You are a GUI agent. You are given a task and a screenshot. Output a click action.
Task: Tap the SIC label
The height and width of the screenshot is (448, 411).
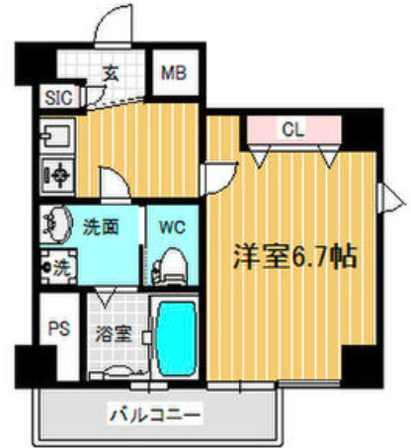tap(54, 97)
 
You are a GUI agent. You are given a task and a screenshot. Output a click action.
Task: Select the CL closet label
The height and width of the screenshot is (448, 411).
tap(291, 128)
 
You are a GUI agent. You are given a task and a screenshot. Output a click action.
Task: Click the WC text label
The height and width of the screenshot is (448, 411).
tap(172, 224)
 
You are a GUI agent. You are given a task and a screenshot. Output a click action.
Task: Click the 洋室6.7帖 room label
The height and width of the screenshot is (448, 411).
tap(293, 255)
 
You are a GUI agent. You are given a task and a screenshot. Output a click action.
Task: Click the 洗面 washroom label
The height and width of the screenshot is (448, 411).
tap(102, 225)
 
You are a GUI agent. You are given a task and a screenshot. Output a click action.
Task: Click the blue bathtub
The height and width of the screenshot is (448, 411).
tap(178, 337)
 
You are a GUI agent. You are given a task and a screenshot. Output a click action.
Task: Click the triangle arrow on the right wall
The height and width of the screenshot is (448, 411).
tap(396, 206)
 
